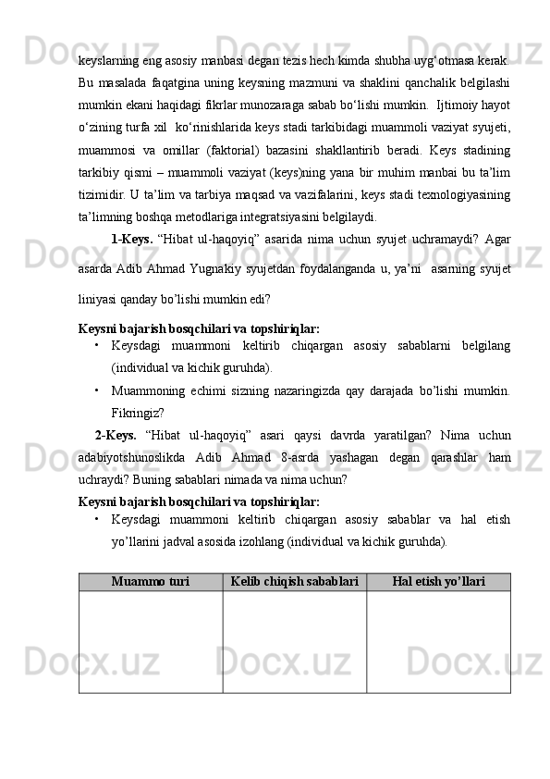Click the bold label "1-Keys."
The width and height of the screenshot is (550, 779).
point(130,238)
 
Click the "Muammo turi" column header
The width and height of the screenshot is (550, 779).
point(151,582)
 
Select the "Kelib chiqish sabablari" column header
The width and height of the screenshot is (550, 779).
point(295,582)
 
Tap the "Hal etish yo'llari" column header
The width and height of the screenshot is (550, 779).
point(438,582)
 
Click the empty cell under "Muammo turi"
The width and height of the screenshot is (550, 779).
point(151,641)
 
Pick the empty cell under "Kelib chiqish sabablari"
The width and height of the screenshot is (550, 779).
point(295,641)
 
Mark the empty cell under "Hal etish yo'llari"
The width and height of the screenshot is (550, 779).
point(438,641)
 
